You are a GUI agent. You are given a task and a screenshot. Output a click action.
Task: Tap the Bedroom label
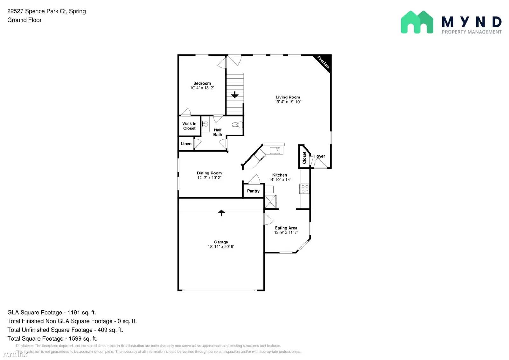202,83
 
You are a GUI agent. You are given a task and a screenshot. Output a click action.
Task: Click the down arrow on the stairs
235,95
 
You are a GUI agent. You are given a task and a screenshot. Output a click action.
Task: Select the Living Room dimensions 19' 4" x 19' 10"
288,102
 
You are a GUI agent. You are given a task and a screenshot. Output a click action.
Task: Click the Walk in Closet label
189,126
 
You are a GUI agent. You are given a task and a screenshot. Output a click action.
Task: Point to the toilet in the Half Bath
237,125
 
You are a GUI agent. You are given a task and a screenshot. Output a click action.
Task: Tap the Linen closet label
186,144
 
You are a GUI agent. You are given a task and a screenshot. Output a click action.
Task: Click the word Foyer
319,156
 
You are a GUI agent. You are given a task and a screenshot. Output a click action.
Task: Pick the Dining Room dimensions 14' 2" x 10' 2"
209,178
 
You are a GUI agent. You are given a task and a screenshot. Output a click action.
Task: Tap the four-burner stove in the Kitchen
304,188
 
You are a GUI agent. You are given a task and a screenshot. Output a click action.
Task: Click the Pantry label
253,191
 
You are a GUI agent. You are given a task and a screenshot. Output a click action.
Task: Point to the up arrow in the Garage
221,213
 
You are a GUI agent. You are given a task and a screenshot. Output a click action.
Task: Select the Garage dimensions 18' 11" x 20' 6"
221,247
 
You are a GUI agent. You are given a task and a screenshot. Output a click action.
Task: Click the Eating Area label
286,228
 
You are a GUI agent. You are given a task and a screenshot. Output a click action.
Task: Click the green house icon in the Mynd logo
417,22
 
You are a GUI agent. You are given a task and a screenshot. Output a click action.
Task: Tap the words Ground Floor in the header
24,20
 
